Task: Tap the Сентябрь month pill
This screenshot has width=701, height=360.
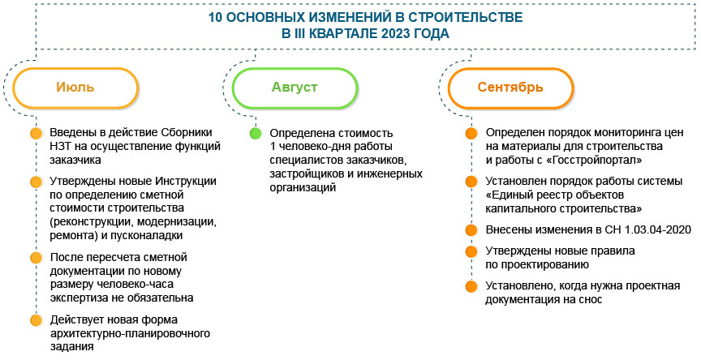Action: pos(510,87)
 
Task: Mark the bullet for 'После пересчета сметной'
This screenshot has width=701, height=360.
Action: pos(35,258)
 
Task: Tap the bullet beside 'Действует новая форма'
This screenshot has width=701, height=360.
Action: pos(35,319)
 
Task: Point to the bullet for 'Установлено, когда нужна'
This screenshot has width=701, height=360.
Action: pos(471,286)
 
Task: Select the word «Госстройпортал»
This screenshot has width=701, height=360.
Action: pos(587,161)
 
